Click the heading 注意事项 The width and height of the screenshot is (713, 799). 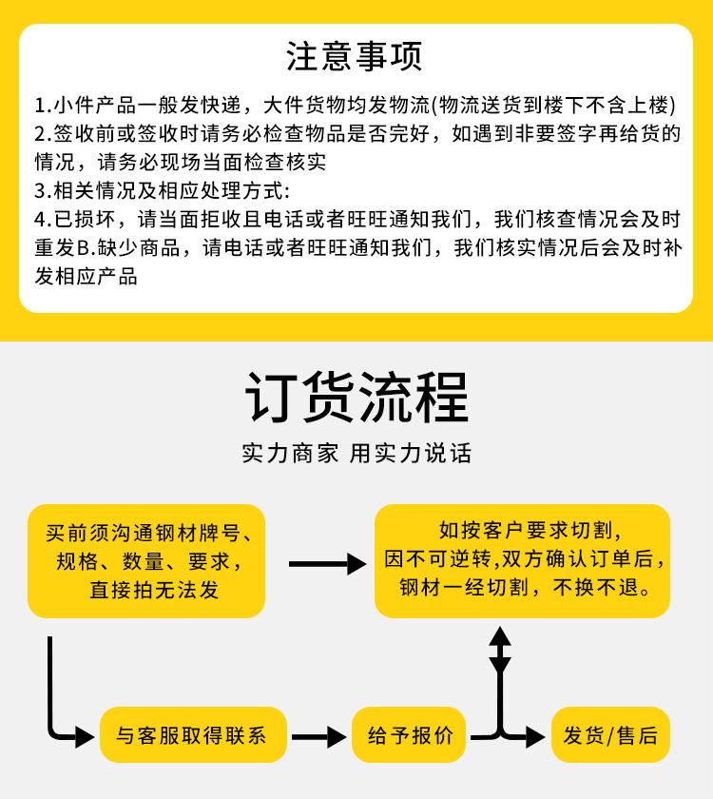click(354, 56)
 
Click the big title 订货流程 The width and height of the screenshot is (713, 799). click(356, 398)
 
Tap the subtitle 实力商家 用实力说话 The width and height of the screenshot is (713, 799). click(356, 453)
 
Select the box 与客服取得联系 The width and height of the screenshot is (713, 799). click(193, 734)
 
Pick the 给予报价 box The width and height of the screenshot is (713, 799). click(409, 734)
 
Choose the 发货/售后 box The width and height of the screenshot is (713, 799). click(610, 734)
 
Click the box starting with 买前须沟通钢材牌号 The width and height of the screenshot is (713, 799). click(146, 561)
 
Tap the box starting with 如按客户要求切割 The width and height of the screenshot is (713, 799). click(522, 560)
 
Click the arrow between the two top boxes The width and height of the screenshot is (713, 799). click(327, 564)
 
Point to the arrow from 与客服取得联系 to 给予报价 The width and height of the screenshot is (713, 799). click(318, 737)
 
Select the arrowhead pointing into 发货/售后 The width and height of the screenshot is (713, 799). click(535, 737)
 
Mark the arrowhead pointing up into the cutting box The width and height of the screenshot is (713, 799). click(500, 637)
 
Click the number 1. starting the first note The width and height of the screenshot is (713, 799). click(44, 106)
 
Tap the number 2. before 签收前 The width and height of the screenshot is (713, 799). click(44, 134)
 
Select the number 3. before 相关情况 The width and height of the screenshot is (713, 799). click(44, 191)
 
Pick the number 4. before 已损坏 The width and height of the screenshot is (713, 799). click(44, 220)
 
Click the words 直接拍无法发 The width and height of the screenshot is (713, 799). click(154, 590)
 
